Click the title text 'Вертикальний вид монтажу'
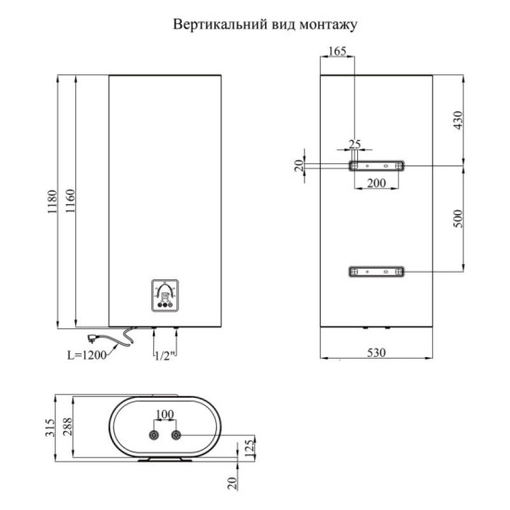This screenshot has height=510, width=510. point(263,25)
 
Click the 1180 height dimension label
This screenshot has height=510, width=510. point(53,202)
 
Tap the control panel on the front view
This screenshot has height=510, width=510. point(165,296)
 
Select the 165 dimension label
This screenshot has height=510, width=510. point(338,52)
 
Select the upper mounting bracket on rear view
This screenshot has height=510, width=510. point(376,165)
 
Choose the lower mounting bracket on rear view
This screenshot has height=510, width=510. point(376,272)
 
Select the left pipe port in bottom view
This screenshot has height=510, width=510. point(152,434)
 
